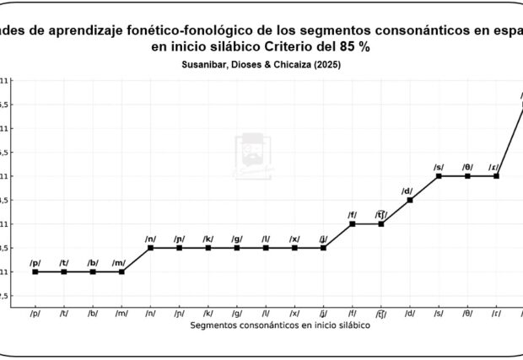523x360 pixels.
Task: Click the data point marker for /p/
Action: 35,271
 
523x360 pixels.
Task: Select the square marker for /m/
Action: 121,271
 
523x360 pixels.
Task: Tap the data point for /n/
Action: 150,248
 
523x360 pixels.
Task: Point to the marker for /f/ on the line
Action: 352,223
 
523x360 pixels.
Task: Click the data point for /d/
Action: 410,200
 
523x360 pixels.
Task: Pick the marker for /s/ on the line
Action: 439,175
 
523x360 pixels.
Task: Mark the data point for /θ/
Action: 467,175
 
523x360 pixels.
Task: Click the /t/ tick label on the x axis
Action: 64,314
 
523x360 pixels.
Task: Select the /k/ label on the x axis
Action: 208,314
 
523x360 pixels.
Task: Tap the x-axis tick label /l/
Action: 266,314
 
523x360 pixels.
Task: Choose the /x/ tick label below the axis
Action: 294,314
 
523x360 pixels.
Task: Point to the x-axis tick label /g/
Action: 237,314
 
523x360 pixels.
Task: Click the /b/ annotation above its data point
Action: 93,262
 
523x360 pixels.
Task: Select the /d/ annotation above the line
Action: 407,191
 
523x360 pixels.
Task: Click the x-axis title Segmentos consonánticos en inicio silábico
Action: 279,325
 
